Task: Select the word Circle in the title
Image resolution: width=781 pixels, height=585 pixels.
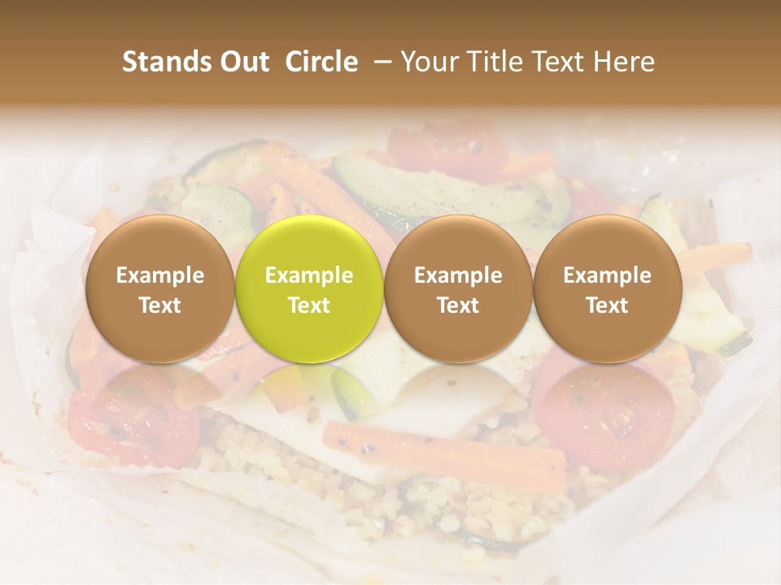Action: coord(321,62)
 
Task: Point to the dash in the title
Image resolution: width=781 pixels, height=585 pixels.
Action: coord(379,62)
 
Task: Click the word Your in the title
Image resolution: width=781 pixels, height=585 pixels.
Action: coord(429,62)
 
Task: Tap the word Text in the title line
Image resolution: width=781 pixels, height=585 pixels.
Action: coord(562,62)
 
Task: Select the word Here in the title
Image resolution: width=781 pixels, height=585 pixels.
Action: coord(625,62)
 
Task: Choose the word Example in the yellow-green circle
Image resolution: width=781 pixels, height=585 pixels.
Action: coord(309,275)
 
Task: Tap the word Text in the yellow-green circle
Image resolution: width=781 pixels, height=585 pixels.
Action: coord(309,305)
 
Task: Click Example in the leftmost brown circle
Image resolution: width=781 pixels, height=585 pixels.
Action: coord(160,275)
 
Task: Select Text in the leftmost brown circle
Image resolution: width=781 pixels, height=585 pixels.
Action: coord(160,305)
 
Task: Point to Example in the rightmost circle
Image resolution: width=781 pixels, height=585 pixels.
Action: coord(607,275)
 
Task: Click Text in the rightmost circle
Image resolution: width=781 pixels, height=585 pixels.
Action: coord(607,305)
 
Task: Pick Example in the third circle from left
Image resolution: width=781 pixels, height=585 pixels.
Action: coord(458,275)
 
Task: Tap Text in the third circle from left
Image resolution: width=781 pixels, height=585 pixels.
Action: coord(458,305)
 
